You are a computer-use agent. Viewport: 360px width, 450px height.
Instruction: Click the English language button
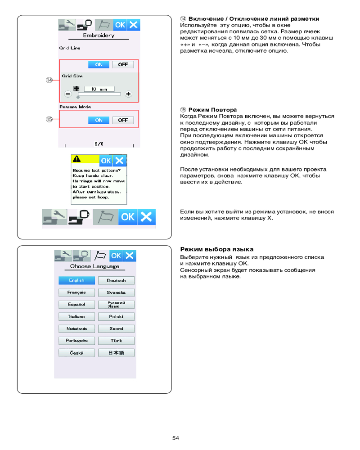click(77, 280)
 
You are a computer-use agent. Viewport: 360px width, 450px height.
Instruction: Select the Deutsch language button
click(116, 280)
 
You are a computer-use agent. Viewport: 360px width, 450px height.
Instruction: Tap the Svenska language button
click(116, 292)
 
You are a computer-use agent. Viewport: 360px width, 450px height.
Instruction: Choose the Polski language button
click(116, 317)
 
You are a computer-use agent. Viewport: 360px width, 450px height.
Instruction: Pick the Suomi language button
click(116, 329)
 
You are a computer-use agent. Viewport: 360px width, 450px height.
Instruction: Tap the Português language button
click(77, 341)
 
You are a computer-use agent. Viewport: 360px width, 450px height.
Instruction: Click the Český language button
click(77, 353)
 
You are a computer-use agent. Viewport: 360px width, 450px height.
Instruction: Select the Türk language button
click(116, 341)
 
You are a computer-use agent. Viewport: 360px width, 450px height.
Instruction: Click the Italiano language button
click(77, 317)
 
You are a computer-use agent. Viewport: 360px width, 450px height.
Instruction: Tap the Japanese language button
click(116, 353)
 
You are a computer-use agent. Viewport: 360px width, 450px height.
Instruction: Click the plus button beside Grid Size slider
click(129, 94)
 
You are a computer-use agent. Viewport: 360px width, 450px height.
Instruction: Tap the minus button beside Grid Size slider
click(68, 94)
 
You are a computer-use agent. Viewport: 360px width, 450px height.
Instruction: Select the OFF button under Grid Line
click(123, 64)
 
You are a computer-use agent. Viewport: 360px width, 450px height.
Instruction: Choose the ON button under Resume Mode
click(99, 120)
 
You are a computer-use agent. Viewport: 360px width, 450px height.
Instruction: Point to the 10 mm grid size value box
click(100, 89)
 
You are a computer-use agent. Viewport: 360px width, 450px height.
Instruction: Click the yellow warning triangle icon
click(77, 159)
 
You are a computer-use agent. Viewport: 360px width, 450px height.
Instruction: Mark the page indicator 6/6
click(99, 144)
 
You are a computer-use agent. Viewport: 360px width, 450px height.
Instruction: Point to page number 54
click(175, 438)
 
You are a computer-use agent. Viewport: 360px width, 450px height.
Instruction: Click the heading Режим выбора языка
click(216, 249)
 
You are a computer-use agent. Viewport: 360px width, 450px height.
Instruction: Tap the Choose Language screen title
click(94, 266)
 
